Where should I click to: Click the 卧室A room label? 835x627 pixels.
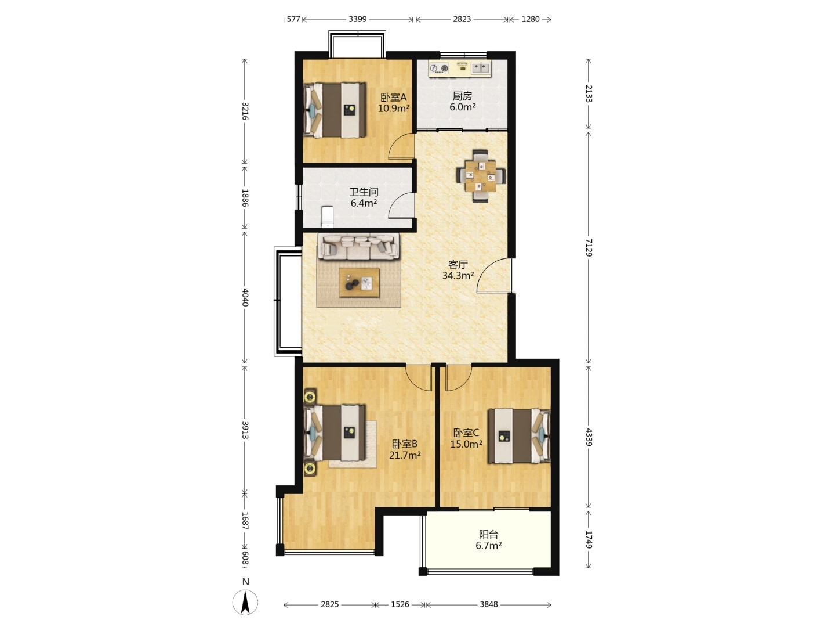pyautogui.click(x=393, y=98)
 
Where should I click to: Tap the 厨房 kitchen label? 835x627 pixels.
pyautogui.click(x=462, y=96)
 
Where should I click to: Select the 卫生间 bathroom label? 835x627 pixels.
pyautogui.click(x=364, y=192)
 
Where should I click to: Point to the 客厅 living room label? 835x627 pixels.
pyautogui.click(x=458, y=264)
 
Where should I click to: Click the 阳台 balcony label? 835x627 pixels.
pyautogui.click(x=488, y=535)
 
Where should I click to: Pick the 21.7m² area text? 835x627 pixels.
pyautogui.click(x=405, y=455)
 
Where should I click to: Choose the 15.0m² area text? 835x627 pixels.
pyautogui.click(x=466, y=444)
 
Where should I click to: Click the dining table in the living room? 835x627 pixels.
pyautogui.click(x=481, y=176)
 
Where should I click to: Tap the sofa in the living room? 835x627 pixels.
pyautogui.click(x=359, y=246)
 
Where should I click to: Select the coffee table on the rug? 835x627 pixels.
pyautogui.click(x=359, y=283)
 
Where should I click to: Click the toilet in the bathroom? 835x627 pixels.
pyautogui.click(x=328, y=217)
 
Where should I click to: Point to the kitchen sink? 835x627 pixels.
pyautogui.click(x=481, y=68)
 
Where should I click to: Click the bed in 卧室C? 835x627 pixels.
pyautogui.click(x=519, y=436)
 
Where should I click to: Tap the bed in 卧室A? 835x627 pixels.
pyautogui.click(x=335, y=110)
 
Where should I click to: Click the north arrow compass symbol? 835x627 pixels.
pyautogui.click(x=245, y=602)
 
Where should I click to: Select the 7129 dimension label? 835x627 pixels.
pyautogui.click(x=589, y=247)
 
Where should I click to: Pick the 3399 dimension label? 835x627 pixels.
pyautogui.click(x=358, y=19)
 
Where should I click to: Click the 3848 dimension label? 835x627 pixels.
pyautogui.click(x=488, y=604)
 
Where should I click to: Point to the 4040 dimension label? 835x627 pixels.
pyautogui.click(x=245, y=297)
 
